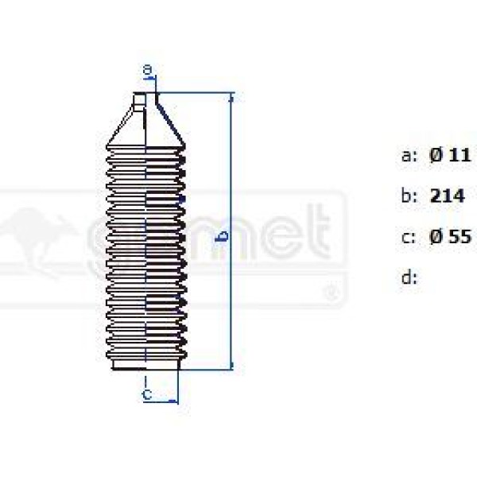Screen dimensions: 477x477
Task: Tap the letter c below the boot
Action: (147, 393)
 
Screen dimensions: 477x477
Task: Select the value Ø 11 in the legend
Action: (450, 156)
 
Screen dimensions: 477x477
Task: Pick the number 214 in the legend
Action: (447, 196)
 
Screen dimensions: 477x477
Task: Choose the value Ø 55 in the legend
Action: (450, 236)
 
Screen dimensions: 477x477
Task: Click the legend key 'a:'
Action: (409, 156)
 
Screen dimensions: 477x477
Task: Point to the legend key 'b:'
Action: (409, 196)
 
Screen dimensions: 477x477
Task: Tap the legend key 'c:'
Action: (409, 236)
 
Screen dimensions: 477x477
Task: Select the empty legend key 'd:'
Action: (409, 277)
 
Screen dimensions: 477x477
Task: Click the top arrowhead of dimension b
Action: (231, 97)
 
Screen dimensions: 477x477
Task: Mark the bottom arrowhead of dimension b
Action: (231, 365)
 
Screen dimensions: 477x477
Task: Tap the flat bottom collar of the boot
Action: (145, 365)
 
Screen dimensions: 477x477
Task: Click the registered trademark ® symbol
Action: (331, 296)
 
